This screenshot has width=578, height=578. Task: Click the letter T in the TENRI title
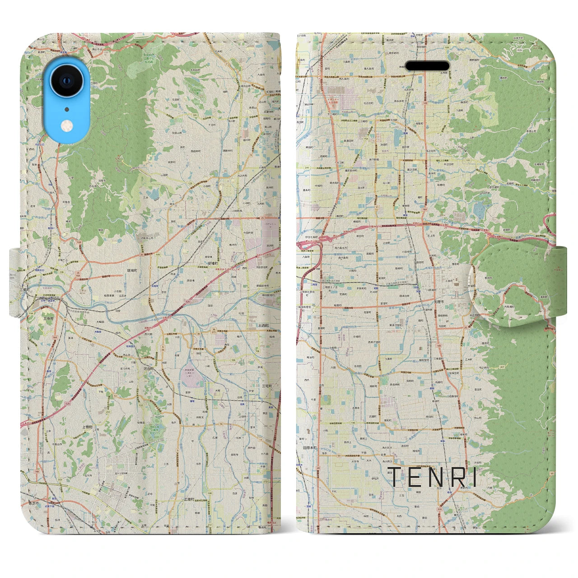click(x=394, y=477)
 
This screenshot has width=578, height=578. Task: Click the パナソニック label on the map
click(x=267, y=224)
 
